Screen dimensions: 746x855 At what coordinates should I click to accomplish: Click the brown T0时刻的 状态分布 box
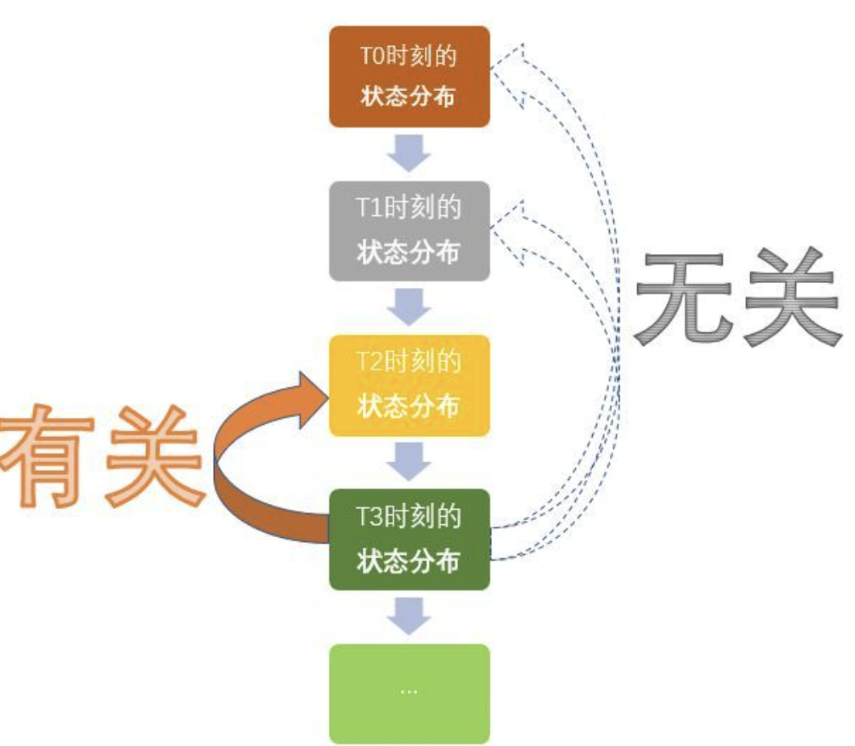click(409, 77)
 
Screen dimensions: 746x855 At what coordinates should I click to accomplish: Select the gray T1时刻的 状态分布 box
click(409, 231)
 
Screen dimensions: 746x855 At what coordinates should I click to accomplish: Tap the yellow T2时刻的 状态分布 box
click(409, 386)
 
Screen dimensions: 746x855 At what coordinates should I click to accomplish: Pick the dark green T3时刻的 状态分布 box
click(409, 539)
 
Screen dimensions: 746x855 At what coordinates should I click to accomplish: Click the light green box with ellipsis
click(409, 693)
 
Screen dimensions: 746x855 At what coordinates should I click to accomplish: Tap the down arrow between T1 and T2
click(409, 307)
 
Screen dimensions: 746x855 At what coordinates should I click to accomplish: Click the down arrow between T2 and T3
click(409, 462)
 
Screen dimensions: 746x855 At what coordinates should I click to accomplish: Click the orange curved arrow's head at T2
click(311, 397)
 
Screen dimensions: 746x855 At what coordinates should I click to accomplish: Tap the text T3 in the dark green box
click(370, 517)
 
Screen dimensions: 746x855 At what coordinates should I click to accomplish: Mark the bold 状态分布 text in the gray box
click(409, 252)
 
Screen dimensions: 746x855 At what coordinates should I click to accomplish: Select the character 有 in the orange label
click(48, 456)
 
